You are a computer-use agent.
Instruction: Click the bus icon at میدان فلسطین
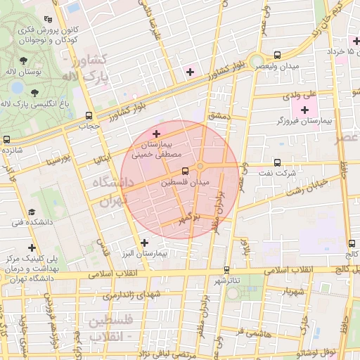[x=185, y=171]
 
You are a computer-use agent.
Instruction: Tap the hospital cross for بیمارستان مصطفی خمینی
[x=156, y=134]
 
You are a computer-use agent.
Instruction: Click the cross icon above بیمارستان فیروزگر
[x=304, y=110]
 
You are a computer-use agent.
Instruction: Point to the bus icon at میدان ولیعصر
[x=277, y=54]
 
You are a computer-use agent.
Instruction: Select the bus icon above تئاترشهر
[x=226, y=269]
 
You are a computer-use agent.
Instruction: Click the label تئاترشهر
[x=226, y=281]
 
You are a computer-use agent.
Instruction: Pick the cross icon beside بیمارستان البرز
[x=144, y=243]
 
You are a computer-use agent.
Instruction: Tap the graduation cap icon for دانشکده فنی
[x=32, y=212]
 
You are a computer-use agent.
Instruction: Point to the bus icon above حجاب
[x=89, y=115]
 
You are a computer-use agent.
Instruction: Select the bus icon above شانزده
[x=6, y=139]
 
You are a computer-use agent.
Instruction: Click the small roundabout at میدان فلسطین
[x=200, y=166]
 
